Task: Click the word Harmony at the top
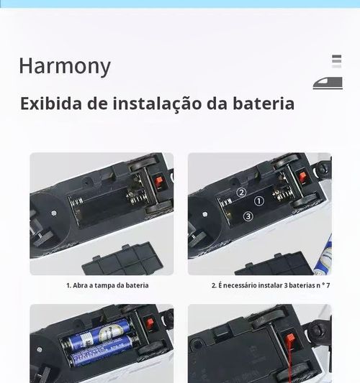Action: pos(65,66)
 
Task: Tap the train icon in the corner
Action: pos(328,83)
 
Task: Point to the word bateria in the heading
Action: pos(260,103)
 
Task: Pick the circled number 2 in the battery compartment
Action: pos(241,192)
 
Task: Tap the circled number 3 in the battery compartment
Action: pos(248,216)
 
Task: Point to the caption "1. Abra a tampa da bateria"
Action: pos(107,285)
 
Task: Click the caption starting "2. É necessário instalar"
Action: pos(270,285)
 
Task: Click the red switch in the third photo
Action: pos(150,323)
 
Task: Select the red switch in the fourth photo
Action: pos(291,338)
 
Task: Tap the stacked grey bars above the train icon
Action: pos(336,62)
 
